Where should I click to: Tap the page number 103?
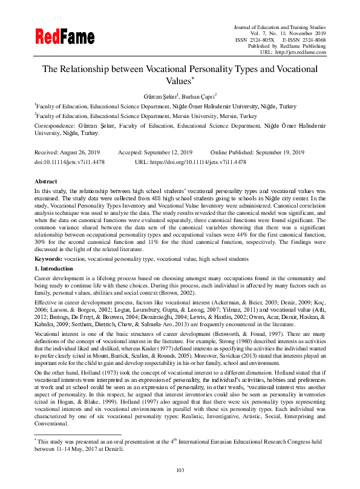pyautogui.click(x=180, y=470)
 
